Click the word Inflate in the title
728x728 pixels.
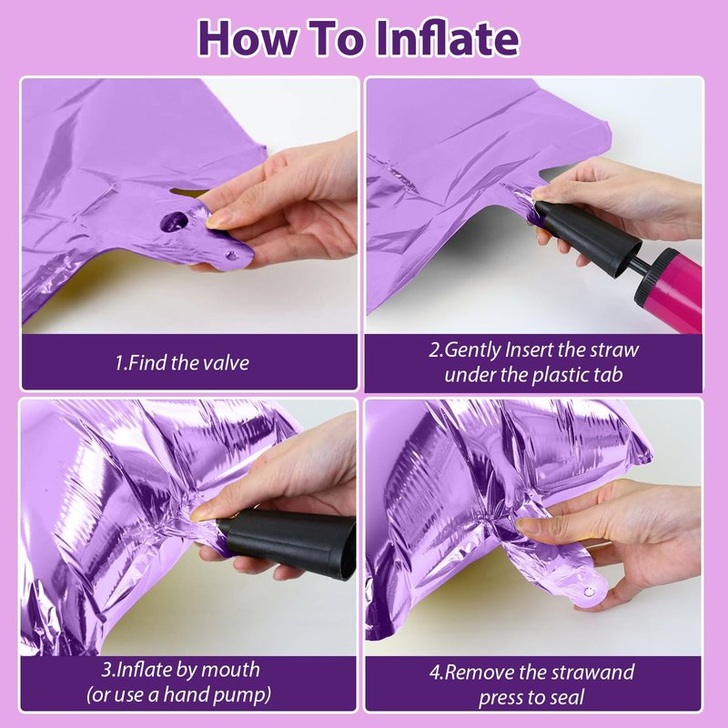pos(447,38)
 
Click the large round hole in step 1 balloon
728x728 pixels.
pos(174,221)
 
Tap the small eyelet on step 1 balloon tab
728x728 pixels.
pos(231,256)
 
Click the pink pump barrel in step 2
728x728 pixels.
pos(672,288)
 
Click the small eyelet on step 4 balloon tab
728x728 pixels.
pos(589,591)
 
